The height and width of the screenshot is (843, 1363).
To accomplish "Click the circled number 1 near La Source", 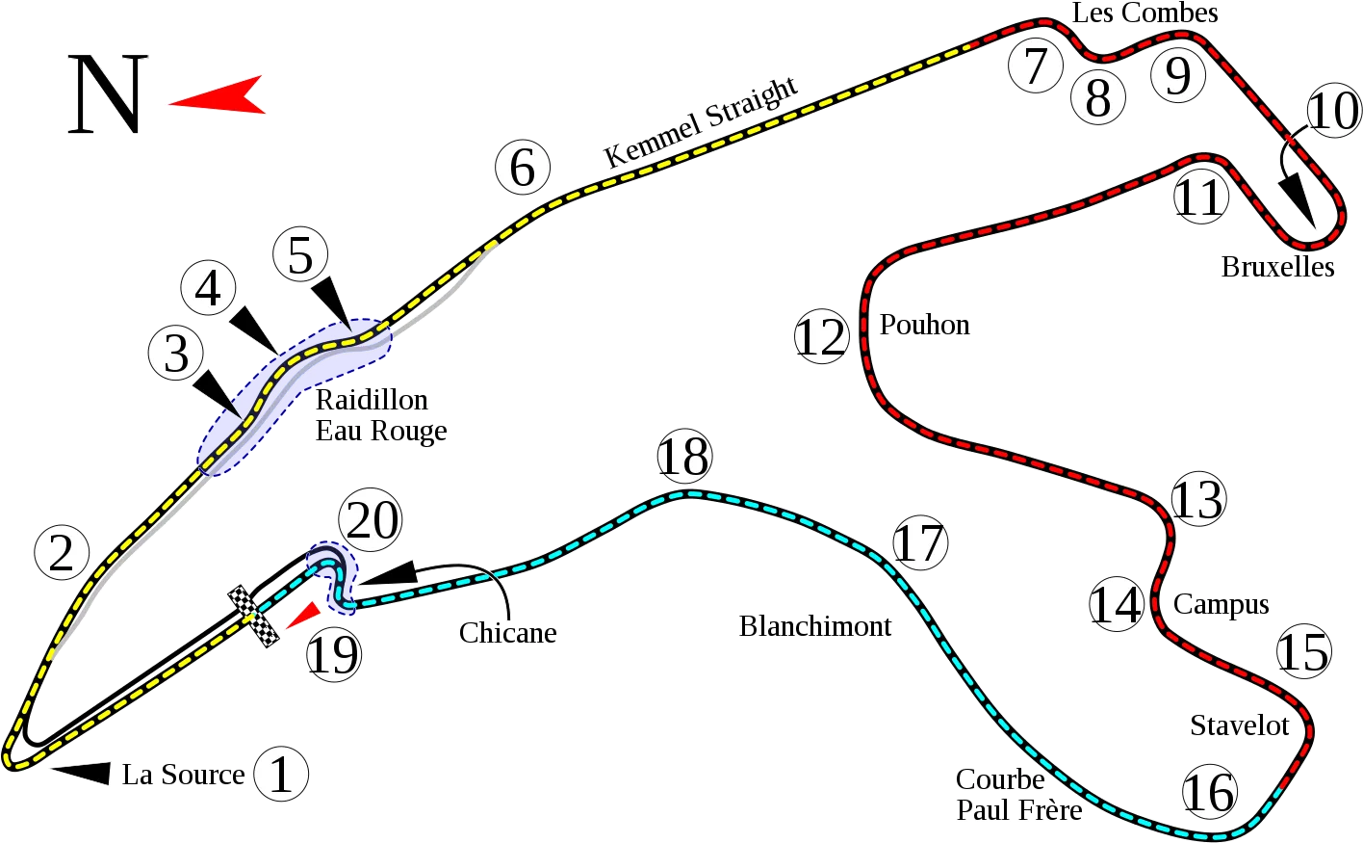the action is [281, 774].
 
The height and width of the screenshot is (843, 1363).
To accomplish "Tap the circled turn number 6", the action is [523, 167].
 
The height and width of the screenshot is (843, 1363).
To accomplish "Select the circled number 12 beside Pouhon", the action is [822, 336].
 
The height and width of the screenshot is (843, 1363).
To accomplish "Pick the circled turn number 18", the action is [684, 456].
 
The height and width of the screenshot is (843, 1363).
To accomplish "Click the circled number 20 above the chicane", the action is [371, 519].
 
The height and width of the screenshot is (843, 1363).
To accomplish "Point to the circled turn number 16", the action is [1209, 792].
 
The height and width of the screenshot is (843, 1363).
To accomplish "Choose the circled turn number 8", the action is [1097, 97].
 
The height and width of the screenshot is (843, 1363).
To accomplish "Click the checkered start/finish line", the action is [253, 616].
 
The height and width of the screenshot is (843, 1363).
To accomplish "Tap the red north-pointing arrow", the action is [218, 95].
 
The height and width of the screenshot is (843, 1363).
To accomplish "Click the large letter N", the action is [108, 93].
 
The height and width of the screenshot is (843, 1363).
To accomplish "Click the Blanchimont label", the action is [814, 626].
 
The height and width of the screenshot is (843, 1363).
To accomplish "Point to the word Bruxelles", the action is [1278, 267].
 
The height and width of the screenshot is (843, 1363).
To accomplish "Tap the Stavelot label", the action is [1240, 725].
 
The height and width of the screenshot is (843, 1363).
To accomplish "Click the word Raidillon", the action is [372, 400].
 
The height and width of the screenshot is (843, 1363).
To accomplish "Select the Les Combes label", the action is [1144, 13].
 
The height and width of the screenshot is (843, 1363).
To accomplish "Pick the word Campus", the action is [1222, 605].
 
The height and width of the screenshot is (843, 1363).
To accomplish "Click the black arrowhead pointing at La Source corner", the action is [81, 773].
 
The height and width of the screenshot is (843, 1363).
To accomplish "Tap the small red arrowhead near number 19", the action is [303, 616].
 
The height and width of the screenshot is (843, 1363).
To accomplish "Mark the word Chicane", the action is [507, 633].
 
